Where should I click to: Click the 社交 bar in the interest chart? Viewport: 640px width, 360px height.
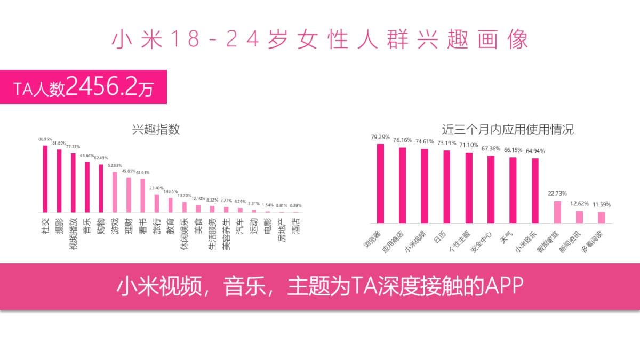(x=45, y=179)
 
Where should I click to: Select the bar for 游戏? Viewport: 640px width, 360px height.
(x=115, y=192)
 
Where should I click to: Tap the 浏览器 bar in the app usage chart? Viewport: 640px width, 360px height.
(x=380, y=183)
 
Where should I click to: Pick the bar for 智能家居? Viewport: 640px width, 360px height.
(x=557, y=212)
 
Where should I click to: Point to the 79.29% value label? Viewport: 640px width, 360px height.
(x=380, y=137)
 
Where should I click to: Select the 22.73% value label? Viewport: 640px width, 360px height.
(x=557, y=194)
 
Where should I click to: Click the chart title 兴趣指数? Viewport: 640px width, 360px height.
(x=156, y=129)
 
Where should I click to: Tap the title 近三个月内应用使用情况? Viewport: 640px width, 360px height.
(x=508, y=129)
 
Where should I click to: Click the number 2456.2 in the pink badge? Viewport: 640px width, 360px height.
(x=101, y=87)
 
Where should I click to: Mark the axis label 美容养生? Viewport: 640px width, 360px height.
(x=226, y=234)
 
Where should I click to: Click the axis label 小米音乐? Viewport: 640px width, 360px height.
(x=526, y=242)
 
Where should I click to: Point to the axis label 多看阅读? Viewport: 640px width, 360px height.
(x=592, y=242)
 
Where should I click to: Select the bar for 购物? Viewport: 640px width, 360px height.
(x=101, y=188)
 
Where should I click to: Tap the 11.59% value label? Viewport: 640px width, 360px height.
(x=601, y=205)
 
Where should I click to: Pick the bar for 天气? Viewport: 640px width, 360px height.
(x=513, y=190)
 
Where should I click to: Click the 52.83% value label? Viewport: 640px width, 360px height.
(x=115, y=165)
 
